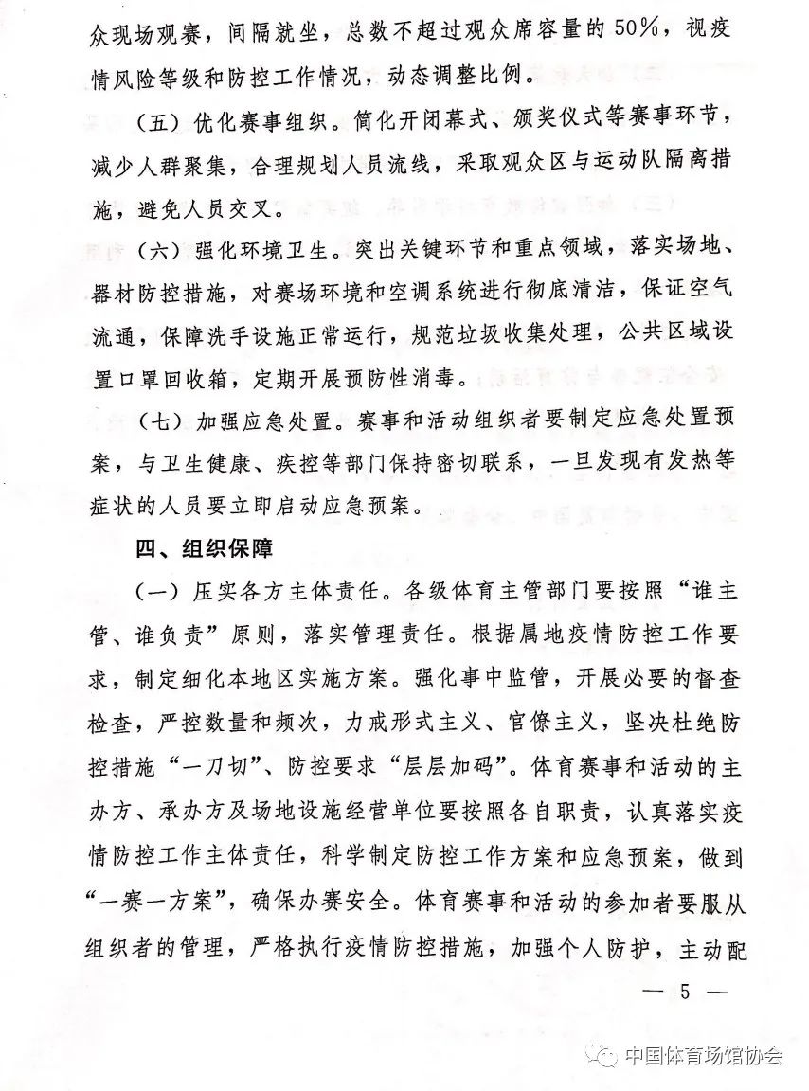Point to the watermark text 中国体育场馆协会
click(704, 1057)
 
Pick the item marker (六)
click(156, 252)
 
